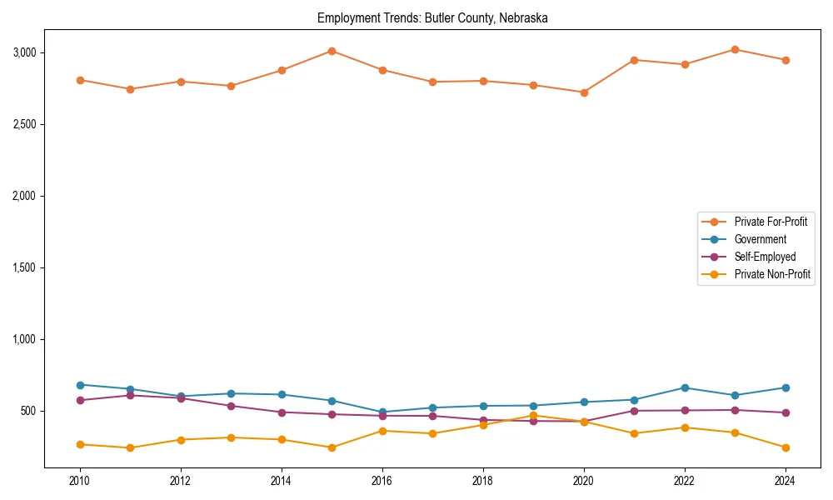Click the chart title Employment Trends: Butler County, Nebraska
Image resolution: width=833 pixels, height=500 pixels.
pos(432,17)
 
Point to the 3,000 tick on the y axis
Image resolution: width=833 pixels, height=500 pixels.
pos(24,52)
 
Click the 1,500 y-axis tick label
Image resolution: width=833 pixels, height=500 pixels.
pos(24,267)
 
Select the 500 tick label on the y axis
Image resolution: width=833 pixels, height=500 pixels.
pos(29,411)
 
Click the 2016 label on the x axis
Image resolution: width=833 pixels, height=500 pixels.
pos(382,481)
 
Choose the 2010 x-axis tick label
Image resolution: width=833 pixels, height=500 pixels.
pos(80,481)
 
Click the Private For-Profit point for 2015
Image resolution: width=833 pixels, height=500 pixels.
pos(332,51)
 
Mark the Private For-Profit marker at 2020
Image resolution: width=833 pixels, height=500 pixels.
pos(584,92)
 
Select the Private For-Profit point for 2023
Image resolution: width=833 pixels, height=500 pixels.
pos(735,49)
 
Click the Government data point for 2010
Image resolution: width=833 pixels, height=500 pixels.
pos(80,385)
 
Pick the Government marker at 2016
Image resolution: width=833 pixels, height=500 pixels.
pos(382,412)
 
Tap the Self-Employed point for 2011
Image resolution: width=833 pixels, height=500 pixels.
pos(130,395)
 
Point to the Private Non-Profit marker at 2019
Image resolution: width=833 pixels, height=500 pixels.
pos(533,415)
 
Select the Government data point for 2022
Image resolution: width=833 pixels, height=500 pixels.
pos(685,387)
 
